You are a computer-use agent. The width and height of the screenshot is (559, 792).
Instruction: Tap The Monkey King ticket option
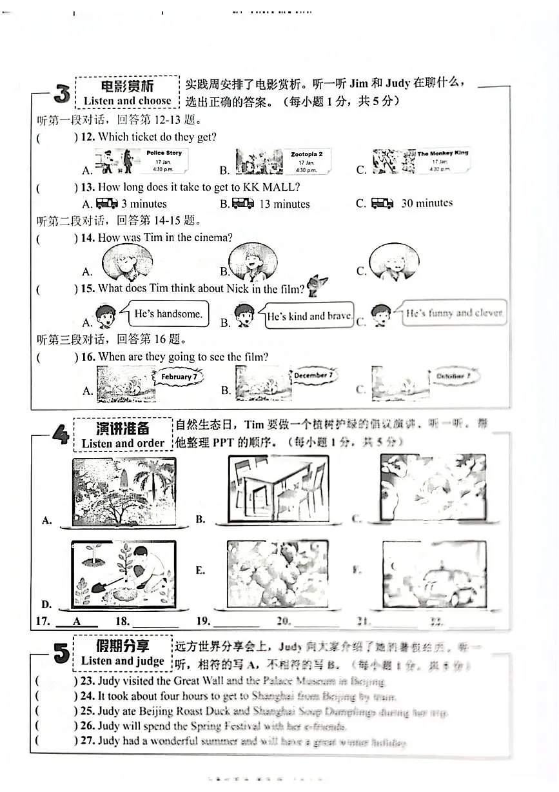[x=421, y=161]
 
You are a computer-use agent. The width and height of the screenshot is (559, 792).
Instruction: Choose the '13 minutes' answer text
[x=284, y=204]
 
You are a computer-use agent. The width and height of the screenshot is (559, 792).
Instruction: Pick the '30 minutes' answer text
[x=427, y=203]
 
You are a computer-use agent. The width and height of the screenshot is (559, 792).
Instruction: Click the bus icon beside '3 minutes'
[x=107, y=204]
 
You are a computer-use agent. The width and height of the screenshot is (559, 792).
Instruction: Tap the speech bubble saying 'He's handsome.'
[x=168, y=314]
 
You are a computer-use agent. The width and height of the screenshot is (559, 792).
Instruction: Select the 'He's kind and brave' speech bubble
[x=309, y=317]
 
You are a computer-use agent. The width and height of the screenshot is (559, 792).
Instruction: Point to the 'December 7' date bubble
[x=313, y=375]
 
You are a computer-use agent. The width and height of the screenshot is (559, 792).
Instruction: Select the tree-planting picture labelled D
[x=123, y=573]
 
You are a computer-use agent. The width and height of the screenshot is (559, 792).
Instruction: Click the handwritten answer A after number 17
[x=77, y=621]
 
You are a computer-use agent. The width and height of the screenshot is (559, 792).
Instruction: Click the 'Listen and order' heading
[x=123, y=444]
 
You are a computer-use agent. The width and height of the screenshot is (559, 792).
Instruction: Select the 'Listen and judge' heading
[x=123, y=661]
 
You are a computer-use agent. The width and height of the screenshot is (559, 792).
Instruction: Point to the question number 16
[x=88, y=357]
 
